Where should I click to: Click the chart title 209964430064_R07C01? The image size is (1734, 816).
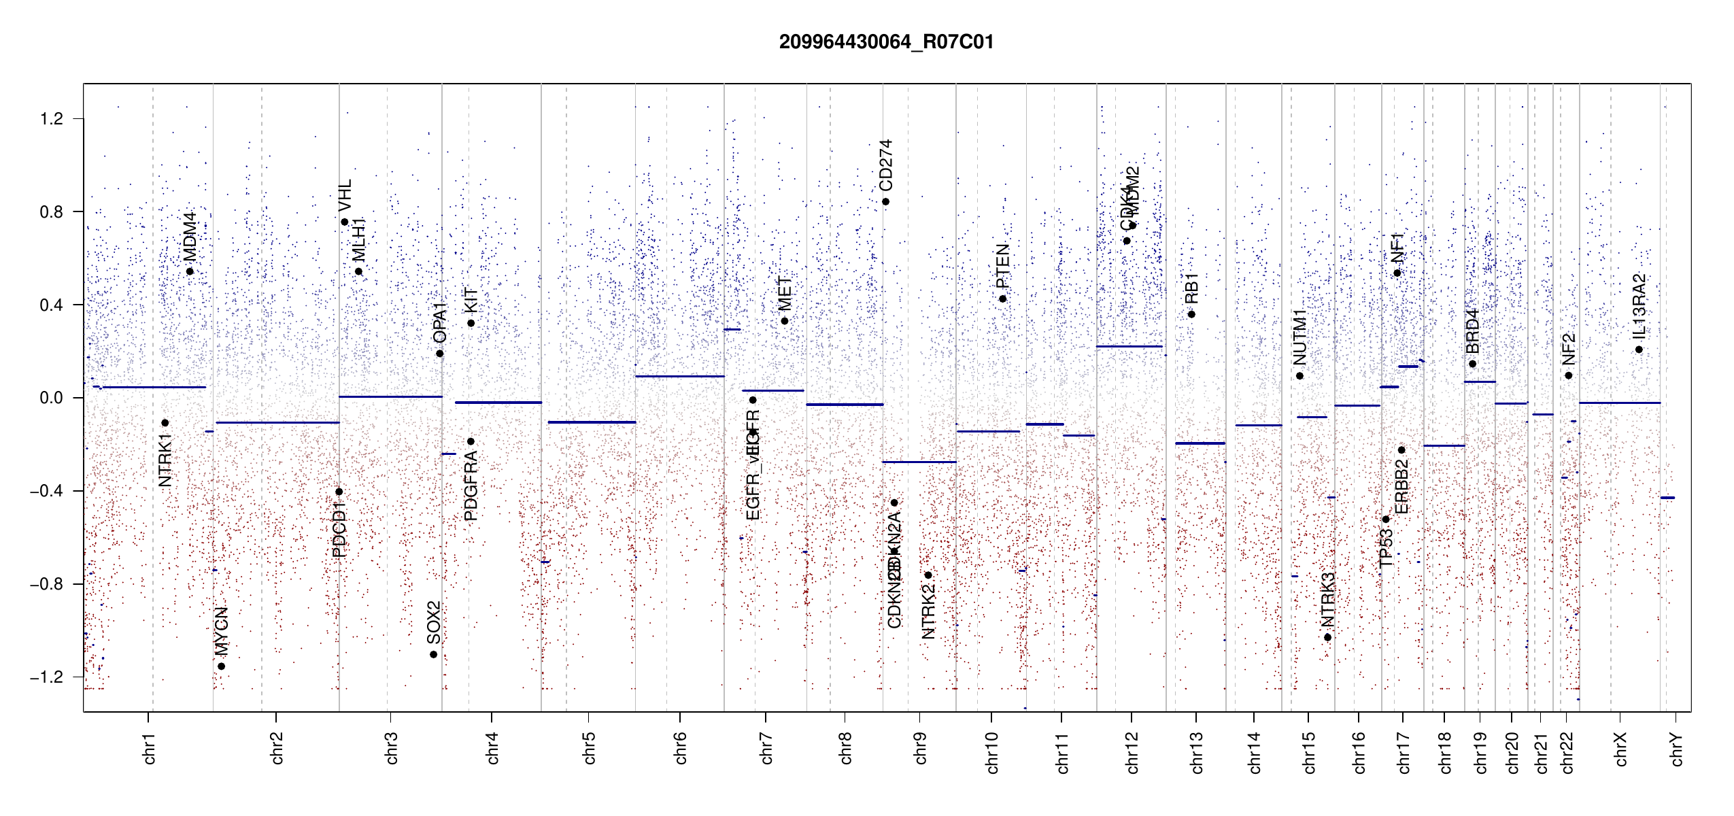point(886,42)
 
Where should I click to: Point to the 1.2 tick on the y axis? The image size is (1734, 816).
point(52,119)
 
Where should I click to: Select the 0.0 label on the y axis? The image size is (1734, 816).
point(52,398)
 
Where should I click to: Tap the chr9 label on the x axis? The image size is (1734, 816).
point(920,748)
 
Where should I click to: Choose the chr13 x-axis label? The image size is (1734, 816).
point(1197,752)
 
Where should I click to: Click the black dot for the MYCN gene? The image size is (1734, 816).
point(221,666)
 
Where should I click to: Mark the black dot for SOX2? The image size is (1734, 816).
point(433,655)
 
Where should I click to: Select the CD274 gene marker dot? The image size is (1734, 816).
point(885,202)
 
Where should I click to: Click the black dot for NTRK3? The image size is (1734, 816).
point(1327,637)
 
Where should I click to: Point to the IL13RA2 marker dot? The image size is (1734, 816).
point(1639,350)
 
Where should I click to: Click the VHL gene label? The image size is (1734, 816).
point(345,195)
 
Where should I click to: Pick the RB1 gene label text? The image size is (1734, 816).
point(1191,288)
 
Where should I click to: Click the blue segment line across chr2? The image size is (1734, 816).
point(277,423)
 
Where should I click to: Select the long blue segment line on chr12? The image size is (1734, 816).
point(1129,347)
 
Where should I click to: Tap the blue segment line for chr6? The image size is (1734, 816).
point(679,376)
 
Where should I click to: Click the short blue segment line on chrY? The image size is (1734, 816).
point(1667,498)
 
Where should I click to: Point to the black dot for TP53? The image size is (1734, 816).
point(1386,520)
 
